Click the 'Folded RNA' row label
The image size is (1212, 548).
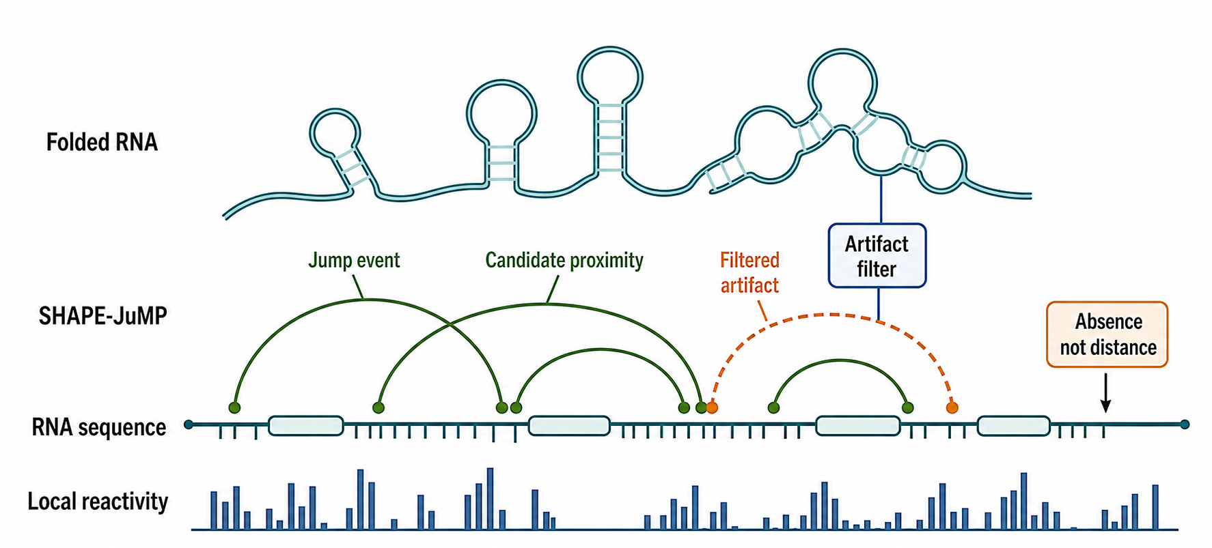102,142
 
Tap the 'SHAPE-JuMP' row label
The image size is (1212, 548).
102,316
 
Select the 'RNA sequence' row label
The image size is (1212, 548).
99,427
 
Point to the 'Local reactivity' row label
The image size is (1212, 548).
98,502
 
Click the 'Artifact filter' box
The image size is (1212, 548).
877,256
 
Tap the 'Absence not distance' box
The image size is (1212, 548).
1107,334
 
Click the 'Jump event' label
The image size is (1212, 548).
354,260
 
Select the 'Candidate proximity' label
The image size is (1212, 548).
564,260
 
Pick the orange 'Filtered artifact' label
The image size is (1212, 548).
749,272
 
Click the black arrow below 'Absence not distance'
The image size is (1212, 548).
1105,392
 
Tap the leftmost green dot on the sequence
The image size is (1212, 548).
234,407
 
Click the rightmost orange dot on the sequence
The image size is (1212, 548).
952,407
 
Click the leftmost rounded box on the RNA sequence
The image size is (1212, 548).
305,425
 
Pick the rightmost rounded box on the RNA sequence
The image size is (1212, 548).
1013,425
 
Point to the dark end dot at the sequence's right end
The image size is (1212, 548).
1185,424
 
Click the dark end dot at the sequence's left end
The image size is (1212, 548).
189,424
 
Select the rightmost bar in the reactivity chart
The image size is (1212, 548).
1155,507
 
